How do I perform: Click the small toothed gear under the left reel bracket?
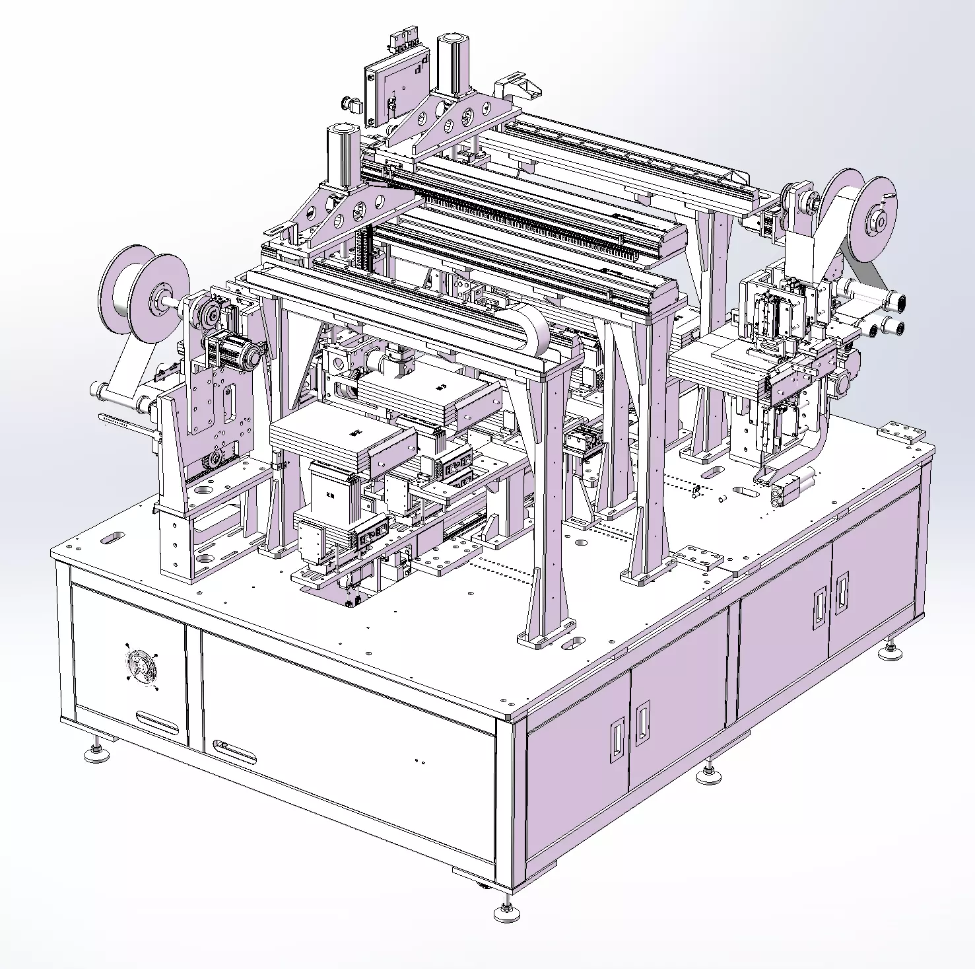pyautogui.click(x=214, y=460)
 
